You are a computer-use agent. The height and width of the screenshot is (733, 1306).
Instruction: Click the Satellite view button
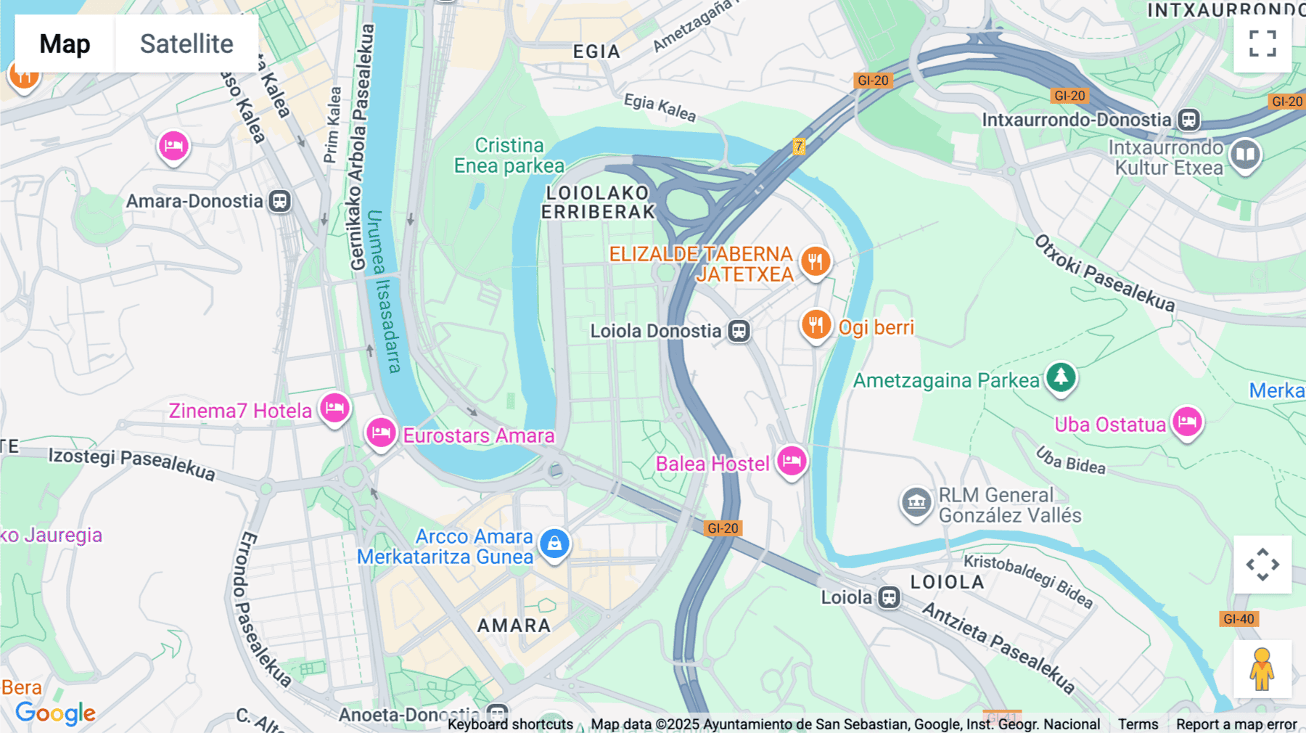(186, 44)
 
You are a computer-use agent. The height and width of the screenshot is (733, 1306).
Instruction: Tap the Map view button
(65, 44)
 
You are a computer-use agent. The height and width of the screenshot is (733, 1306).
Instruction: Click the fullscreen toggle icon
(1262, 44)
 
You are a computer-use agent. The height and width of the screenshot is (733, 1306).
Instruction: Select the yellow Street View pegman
(1262, 669)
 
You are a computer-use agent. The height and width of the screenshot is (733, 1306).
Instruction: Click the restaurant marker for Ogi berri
(816, 325)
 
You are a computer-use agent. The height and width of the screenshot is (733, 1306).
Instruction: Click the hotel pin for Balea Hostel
(792, 461)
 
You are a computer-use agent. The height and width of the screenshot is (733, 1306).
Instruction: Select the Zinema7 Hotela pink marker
(334, 408)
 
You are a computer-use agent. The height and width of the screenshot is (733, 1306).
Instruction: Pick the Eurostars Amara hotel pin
(381, 433)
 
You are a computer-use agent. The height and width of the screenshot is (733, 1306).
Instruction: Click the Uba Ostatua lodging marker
(1187, 422)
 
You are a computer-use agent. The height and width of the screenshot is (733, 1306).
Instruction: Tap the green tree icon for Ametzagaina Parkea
(1061, 377)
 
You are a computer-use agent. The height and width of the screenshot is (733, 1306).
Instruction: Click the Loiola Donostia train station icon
(739, 332)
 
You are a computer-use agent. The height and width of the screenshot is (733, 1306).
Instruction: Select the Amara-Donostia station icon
(280, 201)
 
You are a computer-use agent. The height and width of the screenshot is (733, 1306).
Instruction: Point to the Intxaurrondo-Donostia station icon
(1188, 120)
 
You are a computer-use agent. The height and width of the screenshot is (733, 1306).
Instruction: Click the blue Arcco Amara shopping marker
(554, 544)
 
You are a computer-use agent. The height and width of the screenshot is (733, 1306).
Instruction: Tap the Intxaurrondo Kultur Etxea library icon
(1245, 155)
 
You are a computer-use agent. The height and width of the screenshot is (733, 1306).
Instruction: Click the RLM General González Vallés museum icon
(916, 502)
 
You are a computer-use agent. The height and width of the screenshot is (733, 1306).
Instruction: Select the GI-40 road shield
(1238, 619)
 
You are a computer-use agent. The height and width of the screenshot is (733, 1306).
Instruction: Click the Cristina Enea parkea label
(509, 155)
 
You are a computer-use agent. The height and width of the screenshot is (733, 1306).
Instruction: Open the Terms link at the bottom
(1138, 724)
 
